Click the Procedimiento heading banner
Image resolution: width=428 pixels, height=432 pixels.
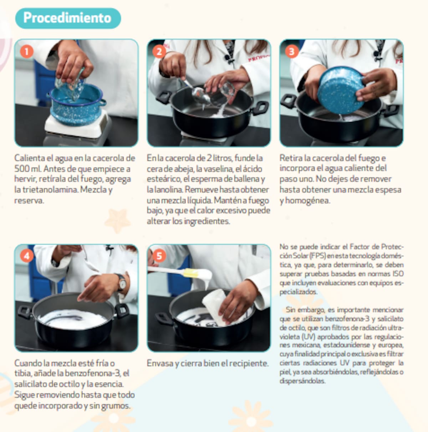68,18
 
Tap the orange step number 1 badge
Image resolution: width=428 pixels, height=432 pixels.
27,52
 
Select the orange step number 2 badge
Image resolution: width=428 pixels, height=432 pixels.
159,52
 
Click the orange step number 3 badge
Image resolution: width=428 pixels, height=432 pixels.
292,52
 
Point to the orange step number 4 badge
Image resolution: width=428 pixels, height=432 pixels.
27,256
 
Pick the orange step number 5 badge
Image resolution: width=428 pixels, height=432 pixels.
159,256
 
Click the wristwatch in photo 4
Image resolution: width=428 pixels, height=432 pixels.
121,283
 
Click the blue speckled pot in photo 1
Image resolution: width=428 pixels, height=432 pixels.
76,104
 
